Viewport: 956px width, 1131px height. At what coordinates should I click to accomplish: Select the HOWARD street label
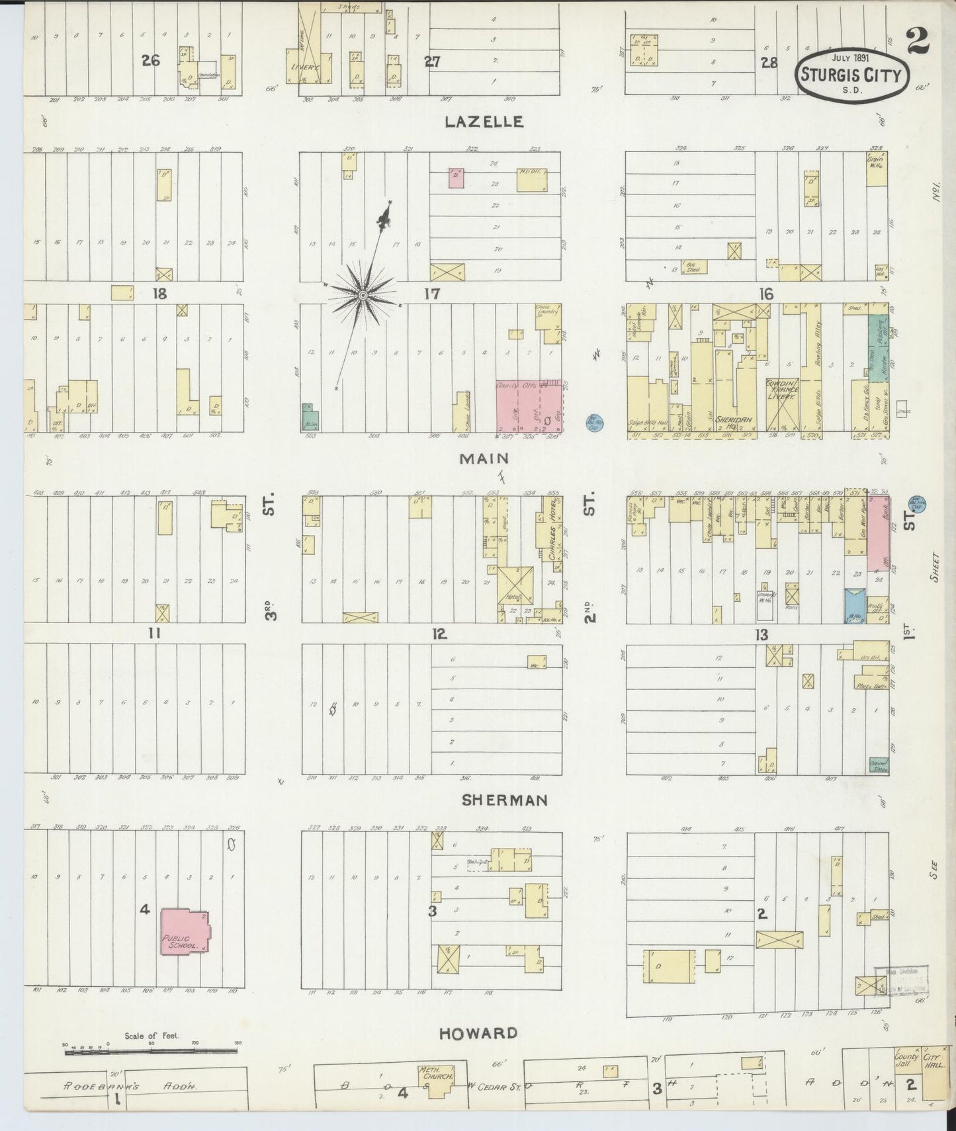[x=478, y=1032]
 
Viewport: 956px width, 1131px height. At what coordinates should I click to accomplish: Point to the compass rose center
[x=363, y=294]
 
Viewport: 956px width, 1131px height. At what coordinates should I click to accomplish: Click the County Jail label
[x=906, y=1061]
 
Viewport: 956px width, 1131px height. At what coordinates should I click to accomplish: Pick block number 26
[x=151, y=60]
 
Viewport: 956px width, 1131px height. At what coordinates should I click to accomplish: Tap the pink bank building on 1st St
[x=878, y=542]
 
